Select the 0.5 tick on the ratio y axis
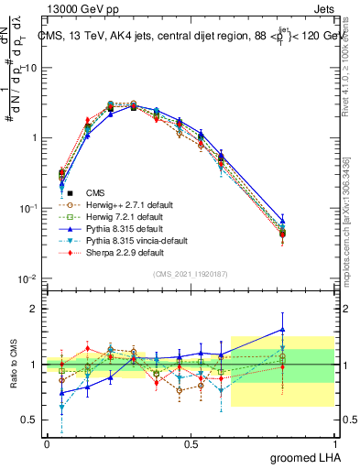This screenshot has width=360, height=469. tap(31, 420)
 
